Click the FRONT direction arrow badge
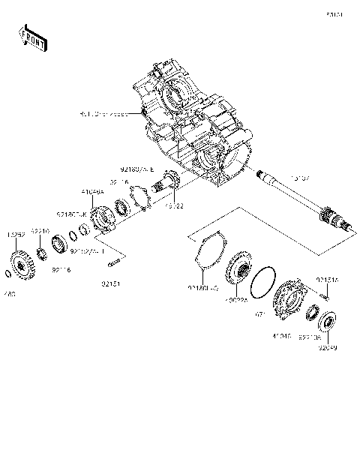click(33, 37)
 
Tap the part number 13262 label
click(18, 234)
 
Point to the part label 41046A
click(93, 192)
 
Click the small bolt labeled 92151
click(115, 262)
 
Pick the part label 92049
click(328, 346)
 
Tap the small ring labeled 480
click(7, 271)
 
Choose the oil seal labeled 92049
click(328, 325)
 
